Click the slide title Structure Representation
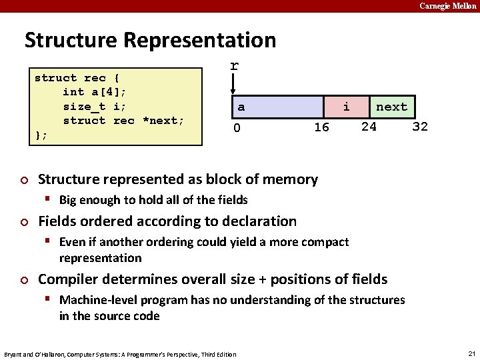point(150,40)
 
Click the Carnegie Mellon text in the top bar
point(447,6)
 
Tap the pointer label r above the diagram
point(234,66)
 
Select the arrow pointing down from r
point(233,85)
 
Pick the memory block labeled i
point(346,107)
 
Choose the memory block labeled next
point(391,107)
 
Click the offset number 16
point(321,127)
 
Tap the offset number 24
point(369,126)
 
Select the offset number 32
point(420,126)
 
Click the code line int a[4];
point(94,92)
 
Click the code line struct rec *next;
point(123,121)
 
